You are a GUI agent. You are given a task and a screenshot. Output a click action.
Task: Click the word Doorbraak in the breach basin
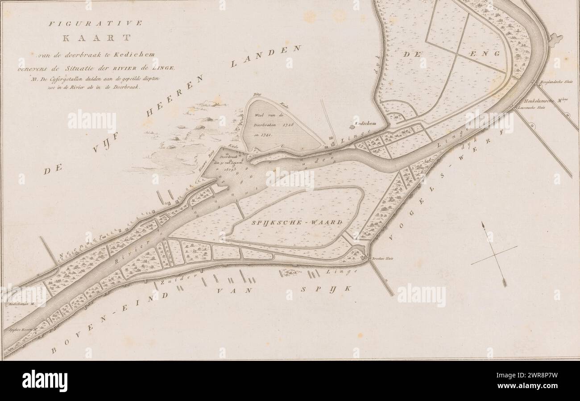point(228,157)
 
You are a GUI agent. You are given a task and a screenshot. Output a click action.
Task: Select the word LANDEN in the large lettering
point(266,56)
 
